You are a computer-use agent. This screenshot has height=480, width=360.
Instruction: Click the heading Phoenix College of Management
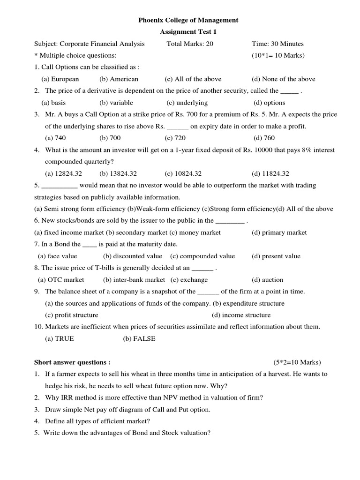click(188, 20)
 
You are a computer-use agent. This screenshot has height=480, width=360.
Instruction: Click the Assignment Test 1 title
click(188, 32)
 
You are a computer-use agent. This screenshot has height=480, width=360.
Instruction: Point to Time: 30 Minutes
click(277, 44)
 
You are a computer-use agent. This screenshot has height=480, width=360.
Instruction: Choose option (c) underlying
click(187, 103)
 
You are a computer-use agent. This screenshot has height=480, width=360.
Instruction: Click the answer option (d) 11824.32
click(270, 173)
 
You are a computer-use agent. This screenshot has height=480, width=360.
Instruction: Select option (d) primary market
click(279, 232)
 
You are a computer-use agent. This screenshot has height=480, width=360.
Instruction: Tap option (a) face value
click(57, 256)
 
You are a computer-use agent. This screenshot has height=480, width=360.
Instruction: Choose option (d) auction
click(267, 280)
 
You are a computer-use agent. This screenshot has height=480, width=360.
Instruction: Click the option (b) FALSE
click(139, 338)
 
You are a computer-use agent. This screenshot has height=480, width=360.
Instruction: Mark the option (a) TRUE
click(60, 338)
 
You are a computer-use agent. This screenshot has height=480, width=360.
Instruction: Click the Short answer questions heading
click(72, 362)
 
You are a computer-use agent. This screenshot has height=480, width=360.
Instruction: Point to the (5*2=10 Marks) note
click(298, 362)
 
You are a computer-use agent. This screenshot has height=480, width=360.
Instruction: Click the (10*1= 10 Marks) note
click(278, 55)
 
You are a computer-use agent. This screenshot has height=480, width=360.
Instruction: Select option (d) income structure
click(241, 315)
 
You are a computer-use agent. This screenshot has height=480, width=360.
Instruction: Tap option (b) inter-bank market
click(134, 280)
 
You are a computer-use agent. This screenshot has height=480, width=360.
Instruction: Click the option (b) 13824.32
click(118, 173)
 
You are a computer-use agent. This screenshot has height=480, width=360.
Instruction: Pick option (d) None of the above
click(283, 79)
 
